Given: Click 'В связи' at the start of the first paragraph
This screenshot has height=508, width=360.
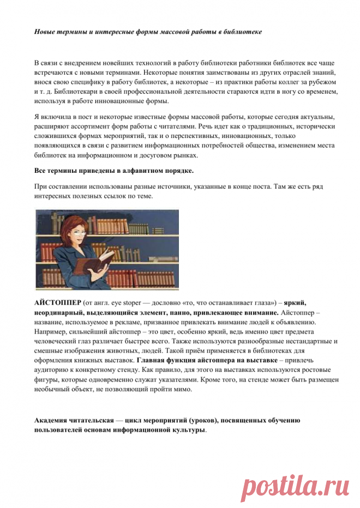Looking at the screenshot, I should coord(47,64).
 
